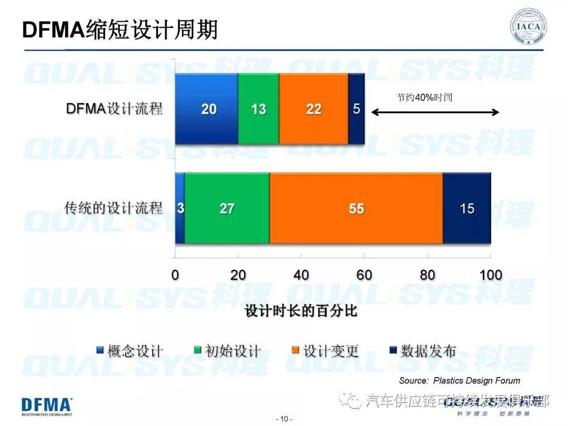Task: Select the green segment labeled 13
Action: [258, 109]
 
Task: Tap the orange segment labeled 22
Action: [313, 109]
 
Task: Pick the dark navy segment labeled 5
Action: [357, 109]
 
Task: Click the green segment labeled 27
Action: [227, 209]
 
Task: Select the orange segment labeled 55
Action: [356, 209]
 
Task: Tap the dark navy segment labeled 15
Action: [466, 209]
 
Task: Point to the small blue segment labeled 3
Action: [180, 209]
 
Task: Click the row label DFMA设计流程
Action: [114, 109]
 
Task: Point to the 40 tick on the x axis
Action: [301, 275]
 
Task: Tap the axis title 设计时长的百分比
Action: [301, 311]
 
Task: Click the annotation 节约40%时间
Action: [424, 97]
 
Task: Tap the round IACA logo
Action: [529, 26]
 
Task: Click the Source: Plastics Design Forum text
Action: [459, 380]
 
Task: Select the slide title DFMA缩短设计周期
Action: [120, 30]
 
